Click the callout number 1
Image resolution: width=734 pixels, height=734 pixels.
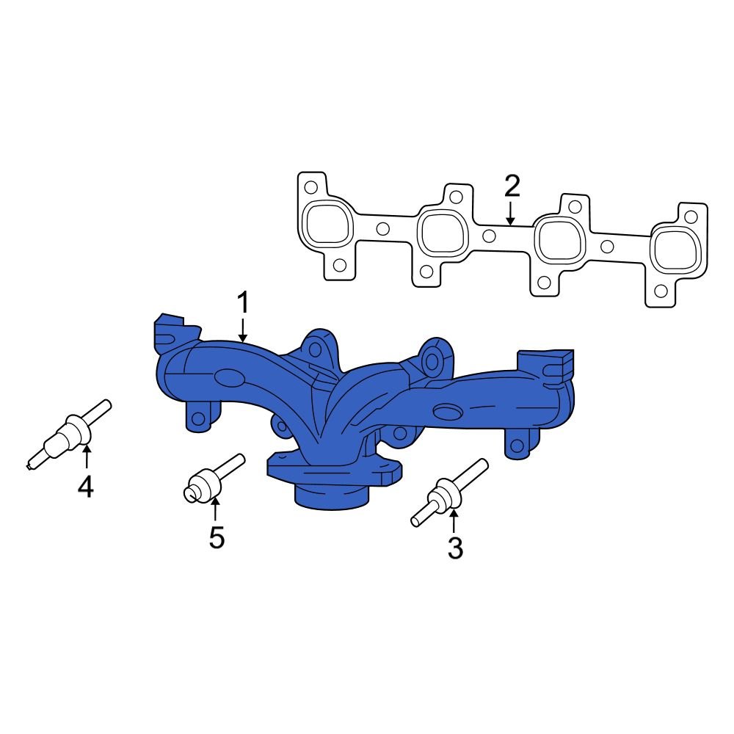pyautogui.click(x=243, y=303)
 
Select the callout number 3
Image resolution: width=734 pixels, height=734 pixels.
pyautogui.click(x=455, y=548)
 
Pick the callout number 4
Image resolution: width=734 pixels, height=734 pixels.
pyautogui.click(x=86, y=486)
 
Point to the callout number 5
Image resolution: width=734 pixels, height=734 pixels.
pyautogui.click(x=216, y=537)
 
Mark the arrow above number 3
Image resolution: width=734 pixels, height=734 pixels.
pyautogui.click(x=454, y=522)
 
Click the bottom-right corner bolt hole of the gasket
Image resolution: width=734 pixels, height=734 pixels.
pyautogui.click(x=661, y=291)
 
